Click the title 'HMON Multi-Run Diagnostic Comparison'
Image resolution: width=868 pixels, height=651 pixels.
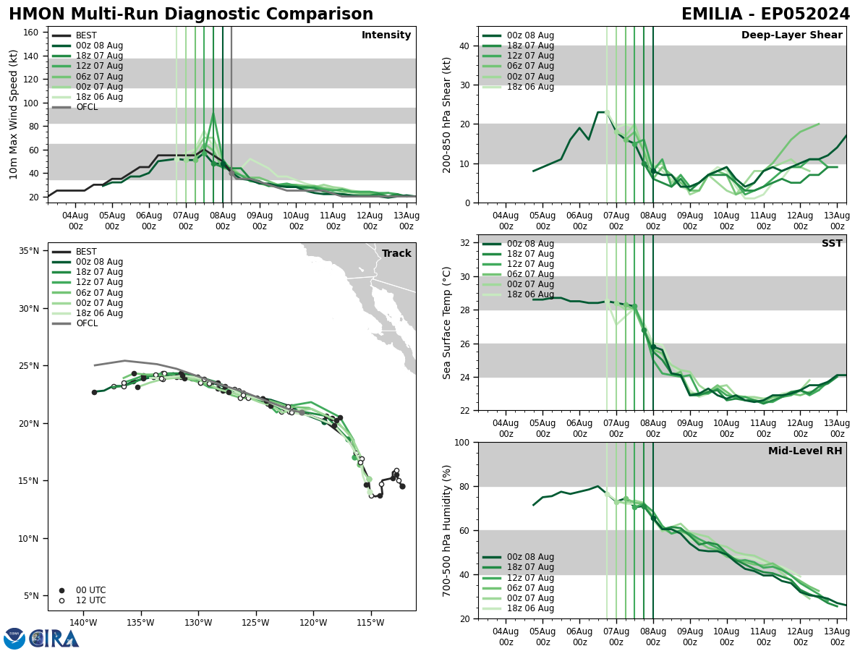point(191,14)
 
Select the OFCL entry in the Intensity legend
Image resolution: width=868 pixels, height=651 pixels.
point(87,107)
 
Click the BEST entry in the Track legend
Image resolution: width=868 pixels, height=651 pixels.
point(86,252)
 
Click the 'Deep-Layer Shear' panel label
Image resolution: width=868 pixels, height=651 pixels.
point(791,35)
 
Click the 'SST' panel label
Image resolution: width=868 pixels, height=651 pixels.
point(832,244)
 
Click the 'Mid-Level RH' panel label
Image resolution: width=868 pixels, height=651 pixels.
point(805,451)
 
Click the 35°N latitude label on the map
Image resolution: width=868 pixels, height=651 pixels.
point(29,251)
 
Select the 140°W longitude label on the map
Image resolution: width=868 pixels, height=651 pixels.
point(83,623)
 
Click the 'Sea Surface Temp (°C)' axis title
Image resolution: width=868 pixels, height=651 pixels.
point(447,323)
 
